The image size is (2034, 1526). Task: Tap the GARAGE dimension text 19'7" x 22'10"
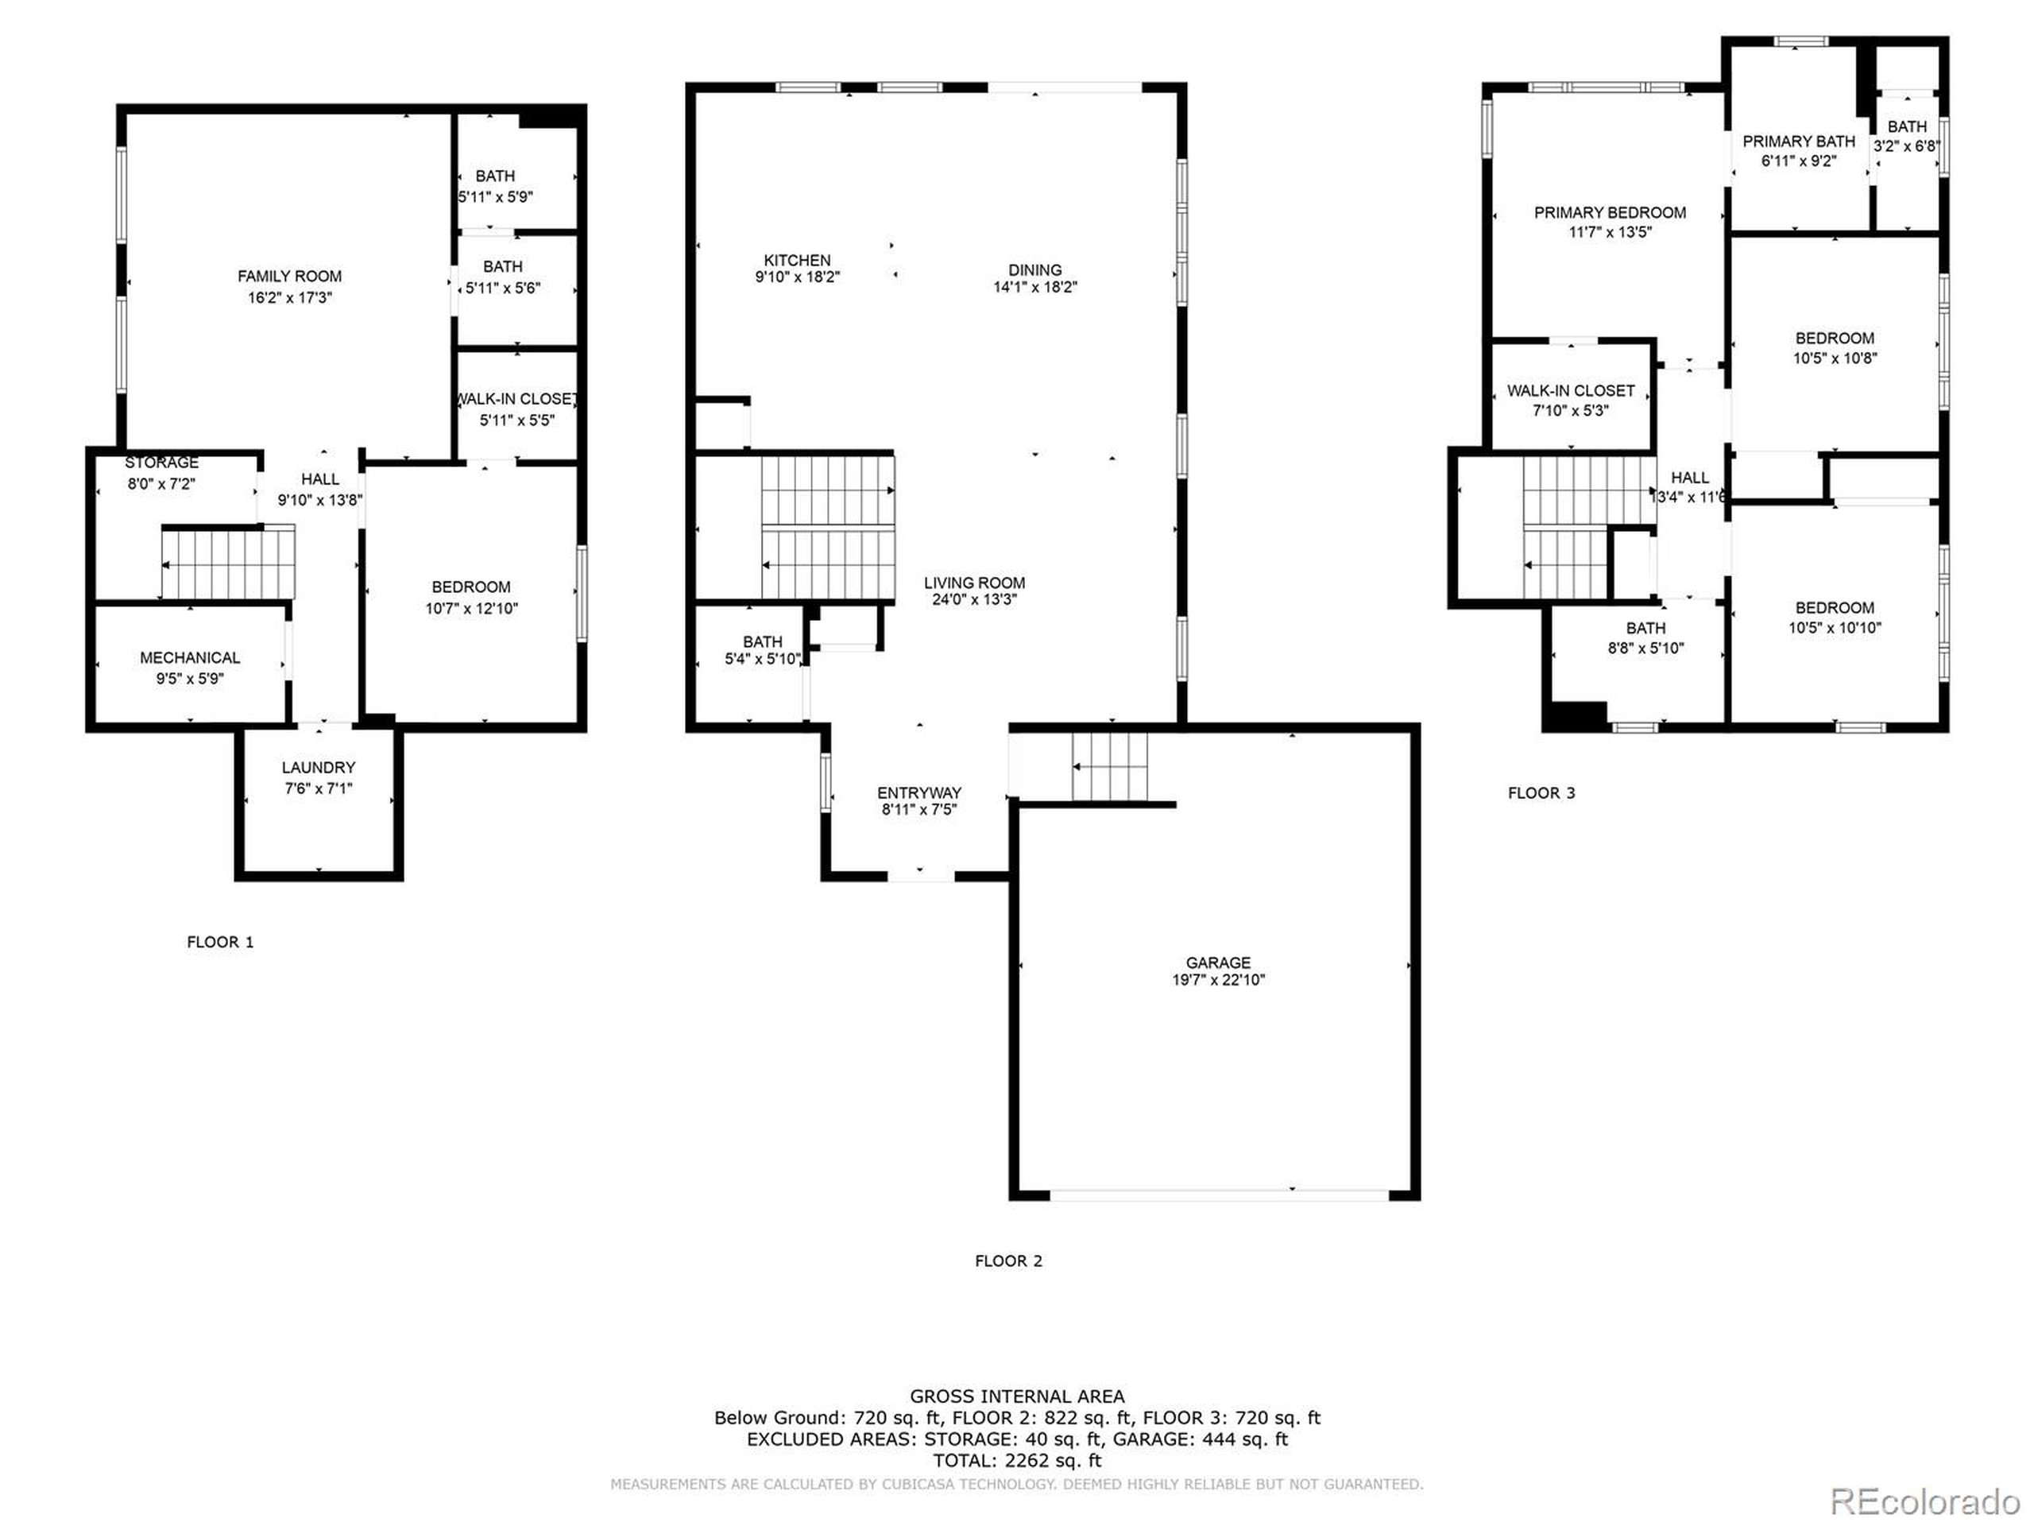pos(1217,980)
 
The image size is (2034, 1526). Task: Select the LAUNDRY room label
pos(318,767)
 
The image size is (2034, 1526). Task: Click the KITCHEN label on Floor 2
pos(796,261)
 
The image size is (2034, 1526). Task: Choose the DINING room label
pos(1034,269)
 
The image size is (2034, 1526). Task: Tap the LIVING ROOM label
pos(974,583)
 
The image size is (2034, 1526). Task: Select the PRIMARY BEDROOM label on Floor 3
pos(1609,212)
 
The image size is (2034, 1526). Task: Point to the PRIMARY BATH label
pos(1799,141)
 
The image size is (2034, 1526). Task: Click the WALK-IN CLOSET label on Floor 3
pos(1571,391)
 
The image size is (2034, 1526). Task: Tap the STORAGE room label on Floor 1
pos(162,463)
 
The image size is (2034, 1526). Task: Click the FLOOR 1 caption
pos(220,942)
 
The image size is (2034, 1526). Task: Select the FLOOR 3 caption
pos(1541,793)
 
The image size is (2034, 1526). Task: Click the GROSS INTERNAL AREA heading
pos(1017,1396)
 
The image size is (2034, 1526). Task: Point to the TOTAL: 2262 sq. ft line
pos(1017,1460)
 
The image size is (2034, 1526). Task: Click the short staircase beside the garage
pos(1110,766)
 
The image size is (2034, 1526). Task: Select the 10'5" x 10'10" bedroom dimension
pos(1834,628)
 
